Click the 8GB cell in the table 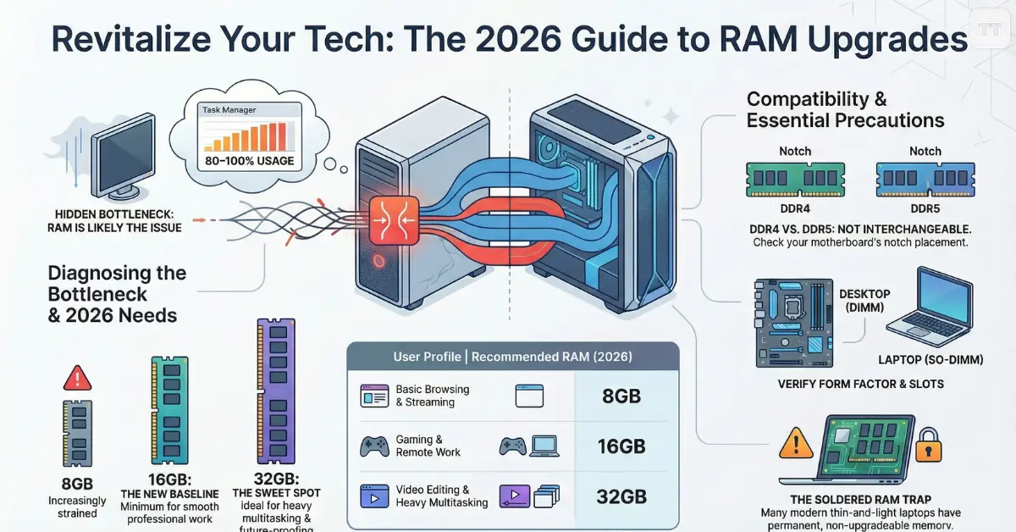coord(621,396)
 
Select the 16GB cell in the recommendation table coord(621,446)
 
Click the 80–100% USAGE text coord(243,161)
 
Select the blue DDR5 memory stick coord(925,180)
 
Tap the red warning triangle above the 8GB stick coord(77,377)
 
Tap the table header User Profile coord(427,357)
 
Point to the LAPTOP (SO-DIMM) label coord(931,360)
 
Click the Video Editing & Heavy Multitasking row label coord(441,496)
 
